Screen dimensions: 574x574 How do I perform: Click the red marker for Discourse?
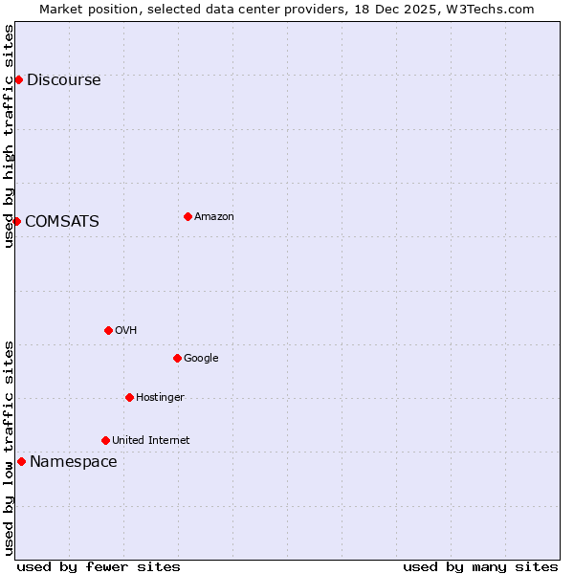18,79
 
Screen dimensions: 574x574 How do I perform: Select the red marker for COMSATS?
16,221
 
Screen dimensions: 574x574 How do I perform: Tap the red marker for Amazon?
188,216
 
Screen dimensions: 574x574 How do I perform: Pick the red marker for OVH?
108,330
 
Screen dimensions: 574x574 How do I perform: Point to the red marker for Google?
177,358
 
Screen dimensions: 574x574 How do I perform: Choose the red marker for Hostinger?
129,397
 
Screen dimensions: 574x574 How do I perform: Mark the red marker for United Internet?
105,440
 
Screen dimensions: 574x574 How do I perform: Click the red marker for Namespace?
21,461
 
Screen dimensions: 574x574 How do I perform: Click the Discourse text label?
63,80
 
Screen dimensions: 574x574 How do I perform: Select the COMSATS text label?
61,222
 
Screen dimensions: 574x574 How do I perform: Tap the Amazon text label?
213,217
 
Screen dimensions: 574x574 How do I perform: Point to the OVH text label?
125,331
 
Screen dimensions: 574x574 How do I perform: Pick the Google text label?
201,359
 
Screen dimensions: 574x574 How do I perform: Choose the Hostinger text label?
160,398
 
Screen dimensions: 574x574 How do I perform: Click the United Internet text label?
150,441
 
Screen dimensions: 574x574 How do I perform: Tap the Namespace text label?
73,462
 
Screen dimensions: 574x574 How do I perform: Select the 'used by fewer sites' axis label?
99,566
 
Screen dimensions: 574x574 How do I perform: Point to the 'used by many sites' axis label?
480,566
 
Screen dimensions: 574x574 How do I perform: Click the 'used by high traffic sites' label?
9,136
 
